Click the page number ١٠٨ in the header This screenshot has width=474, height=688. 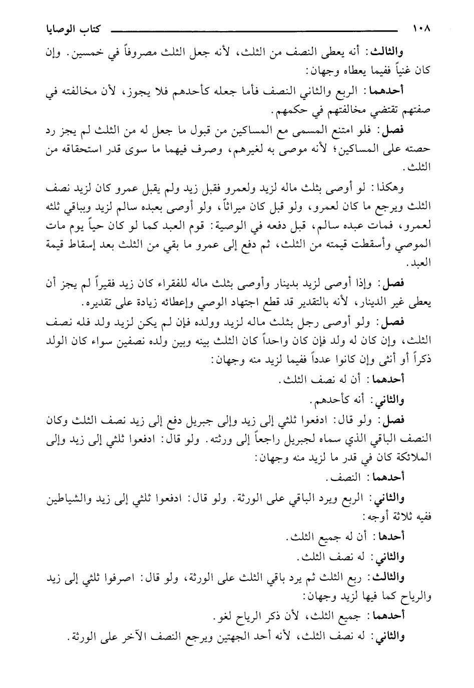[421, 29]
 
